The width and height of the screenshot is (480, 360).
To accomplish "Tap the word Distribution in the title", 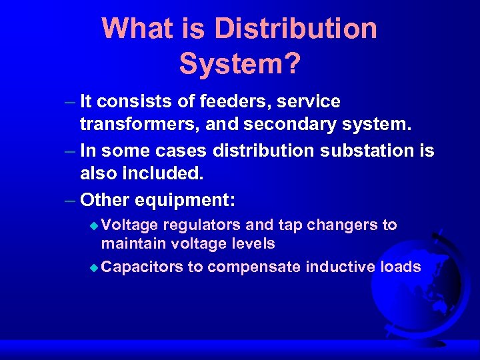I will coord(295,28).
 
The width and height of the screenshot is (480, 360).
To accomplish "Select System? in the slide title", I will coord(240,64).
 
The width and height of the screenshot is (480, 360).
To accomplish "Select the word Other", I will coord(104,200).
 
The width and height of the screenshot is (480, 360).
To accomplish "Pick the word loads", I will coord(400,267).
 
